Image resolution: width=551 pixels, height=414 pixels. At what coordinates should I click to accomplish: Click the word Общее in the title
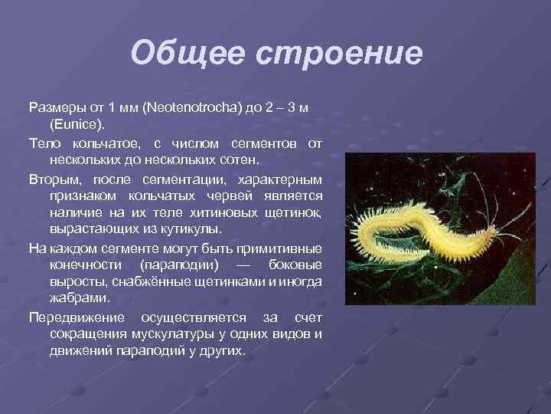pyautogui.click(x=178, y=54)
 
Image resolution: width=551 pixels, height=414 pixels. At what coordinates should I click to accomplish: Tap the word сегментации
pyautogui.click(x=178, y=179)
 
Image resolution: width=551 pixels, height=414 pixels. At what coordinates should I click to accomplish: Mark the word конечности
pyautogui.click(x=86, y=264)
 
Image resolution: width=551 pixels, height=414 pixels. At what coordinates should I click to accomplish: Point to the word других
pyautogui.click(x=219, y=351)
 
